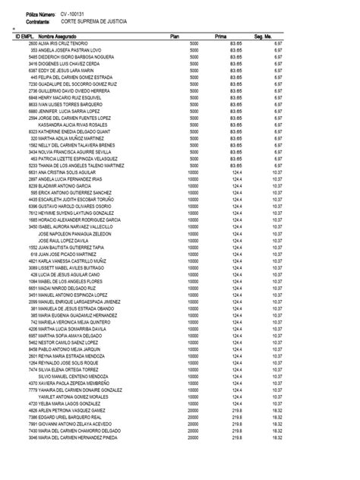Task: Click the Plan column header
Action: (174, 36)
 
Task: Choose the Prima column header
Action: (222, 36)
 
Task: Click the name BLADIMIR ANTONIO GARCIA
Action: (65, 185)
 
